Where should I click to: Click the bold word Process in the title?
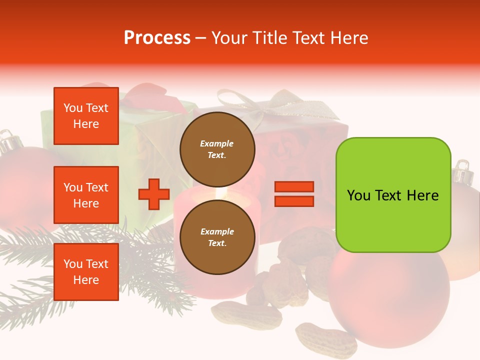tap(157, 37)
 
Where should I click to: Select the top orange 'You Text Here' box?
tap(86, 116)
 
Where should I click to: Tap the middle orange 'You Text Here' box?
tap(86, 195)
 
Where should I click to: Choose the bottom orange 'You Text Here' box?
tap(86, 272)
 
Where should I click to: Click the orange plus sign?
tap(154, 194)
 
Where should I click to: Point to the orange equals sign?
tap(294, 194)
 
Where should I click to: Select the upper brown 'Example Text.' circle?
tap(217, 149)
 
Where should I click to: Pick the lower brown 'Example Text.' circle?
tap(217, 237)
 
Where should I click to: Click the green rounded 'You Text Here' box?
tap(393, 195)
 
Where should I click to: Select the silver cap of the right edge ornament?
tap(463, 172)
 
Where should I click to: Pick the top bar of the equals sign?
tap(294, 186)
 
